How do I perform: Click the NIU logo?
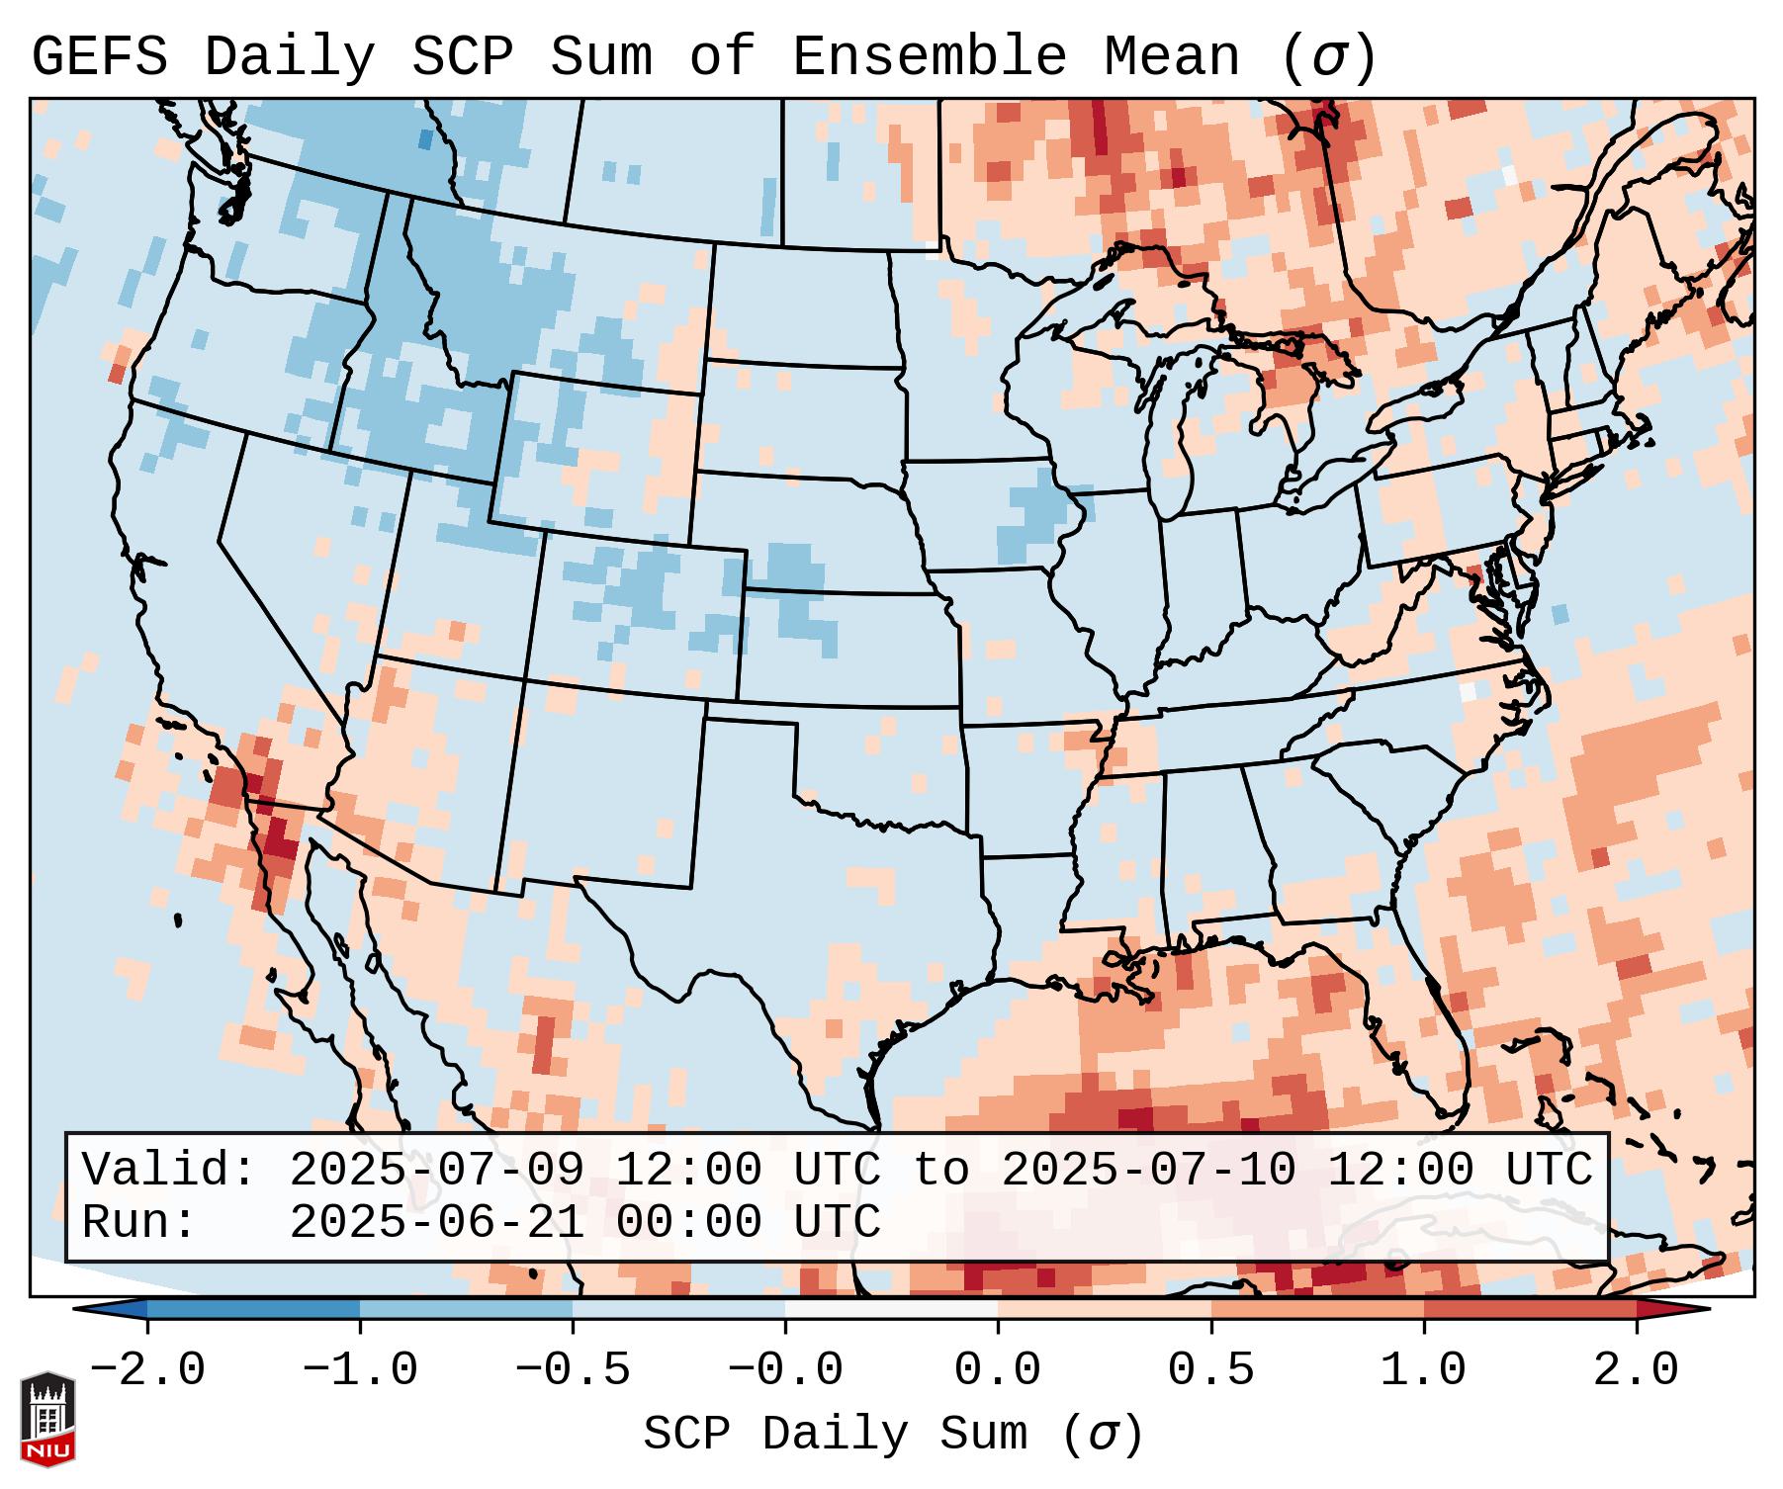point(47,1418)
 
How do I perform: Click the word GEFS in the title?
point(99,57)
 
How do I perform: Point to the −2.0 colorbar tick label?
point(147,1370)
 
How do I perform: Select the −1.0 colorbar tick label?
point(360,1370)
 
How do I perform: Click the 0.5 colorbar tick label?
point(1210,1370)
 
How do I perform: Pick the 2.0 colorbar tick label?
point(1636,1370)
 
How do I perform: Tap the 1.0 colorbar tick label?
point(1423,1370)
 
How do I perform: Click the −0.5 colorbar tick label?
point(573,1370)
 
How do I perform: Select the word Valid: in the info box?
point(169,1171)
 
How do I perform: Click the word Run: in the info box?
point(139,1222)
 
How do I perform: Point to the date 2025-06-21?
point(436,1222)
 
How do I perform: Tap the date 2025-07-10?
point(1148,1171)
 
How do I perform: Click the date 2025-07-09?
point(436,1171)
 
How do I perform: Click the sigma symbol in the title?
point(1329,57)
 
